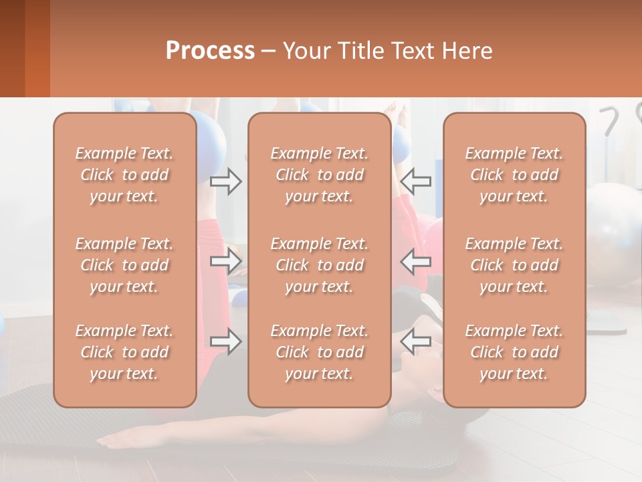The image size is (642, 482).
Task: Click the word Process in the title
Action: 210,51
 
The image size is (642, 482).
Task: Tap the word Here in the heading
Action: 466,51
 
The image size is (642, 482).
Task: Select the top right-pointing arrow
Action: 225,181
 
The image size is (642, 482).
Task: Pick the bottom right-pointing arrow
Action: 225,341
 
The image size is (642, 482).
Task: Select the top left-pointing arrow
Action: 416,181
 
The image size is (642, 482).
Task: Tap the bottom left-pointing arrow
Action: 416,341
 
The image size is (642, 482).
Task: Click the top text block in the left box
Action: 124,175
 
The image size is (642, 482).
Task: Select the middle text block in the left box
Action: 124,265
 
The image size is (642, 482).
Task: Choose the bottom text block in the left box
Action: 124,352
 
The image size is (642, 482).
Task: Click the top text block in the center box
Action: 320,175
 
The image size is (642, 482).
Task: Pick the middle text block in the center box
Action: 320,265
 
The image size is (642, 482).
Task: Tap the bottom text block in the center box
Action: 320,352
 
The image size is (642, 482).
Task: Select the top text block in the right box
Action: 514,175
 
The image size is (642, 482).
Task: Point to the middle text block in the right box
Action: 514,265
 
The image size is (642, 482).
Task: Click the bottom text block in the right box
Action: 514,352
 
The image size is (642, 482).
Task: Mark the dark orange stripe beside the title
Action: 37,48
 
